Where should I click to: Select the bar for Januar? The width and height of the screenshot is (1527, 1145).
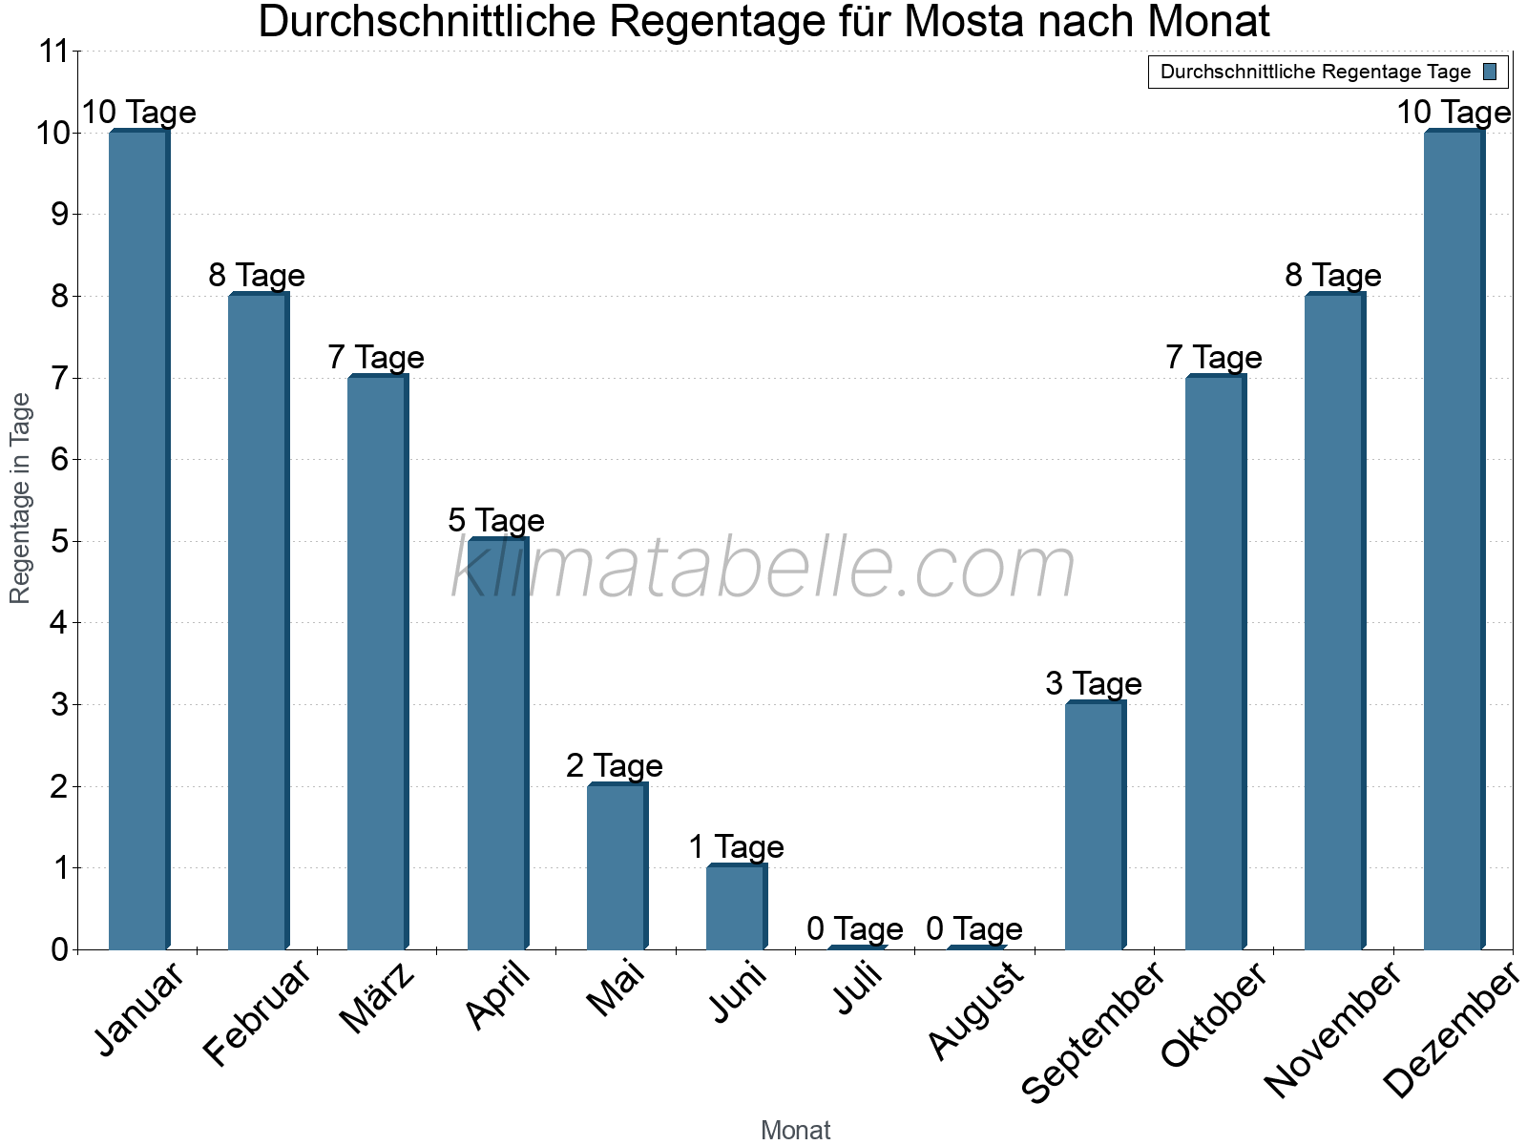[x=138, y=540]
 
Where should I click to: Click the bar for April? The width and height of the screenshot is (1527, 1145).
[x=497, y=744]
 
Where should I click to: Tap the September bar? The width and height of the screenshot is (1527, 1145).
[x=1095, y=826]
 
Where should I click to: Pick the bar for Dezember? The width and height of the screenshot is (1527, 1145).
[x=1454, y=540]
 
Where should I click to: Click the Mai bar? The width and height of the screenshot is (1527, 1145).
[x=617, y=866]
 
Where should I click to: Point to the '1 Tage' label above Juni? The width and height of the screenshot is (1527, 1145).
[x=736, y=846]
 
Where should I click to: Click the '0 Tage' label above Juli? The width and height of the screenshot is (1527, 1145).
[x=855, y=928]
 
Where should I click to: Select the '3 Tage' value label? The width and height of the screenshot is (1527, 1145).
[x=1094, y=683]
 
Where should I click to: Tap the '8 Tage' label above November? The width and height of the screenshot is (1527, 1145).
[x=1333, y=275]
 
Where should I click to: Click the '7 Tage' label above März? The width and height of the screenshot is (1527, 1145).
[x=376, y=357]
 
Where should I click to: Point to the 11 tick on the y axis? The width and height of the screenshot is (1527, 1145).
[x=53, y=52]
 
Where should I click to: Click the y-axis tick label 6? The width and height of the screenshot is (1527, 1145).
[x=60, y=460]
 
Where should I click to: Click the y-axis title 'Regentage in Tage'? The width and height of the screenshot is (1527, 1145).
[x=21, y=498]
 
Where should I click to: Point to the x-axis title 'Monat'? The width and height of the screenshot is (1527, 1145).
[x=795, y=1131]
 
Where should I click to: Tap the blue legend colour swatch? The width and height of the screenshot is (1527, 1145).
[x=1491, y=72]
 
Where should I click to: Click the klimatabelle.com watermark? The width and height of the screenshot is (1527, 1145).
[x=763, y=569]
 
